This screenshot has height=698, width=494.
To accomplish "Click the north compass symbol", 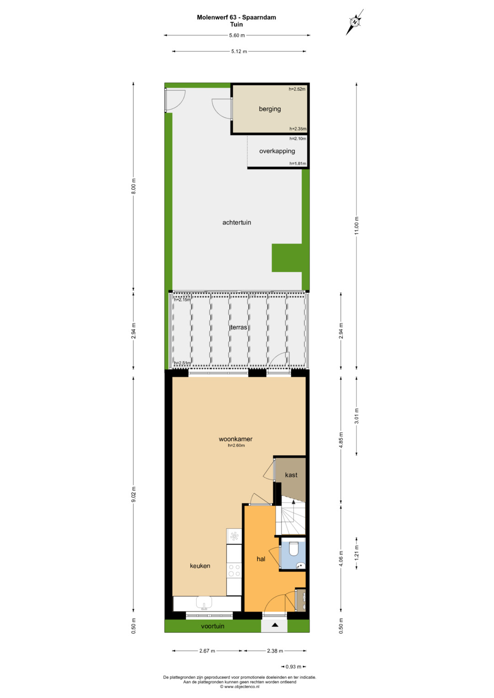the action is [354, 22].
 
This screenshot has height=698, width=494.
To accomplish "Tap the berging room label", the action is [270, 109].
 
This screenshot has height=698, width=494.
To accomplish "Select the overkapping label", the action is [277, 151].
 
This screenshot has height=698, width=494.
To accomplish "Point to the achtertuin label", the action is [236, 223].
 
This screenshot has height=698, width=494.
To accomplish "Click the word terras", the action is [239, 327].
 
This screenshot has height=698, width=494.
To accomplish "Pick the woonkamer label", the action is [236, 439].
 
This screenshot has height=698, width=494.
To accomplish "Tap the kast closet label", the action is [291, 475].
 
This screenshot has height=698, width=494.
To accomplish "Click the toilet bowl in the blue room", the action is [294, 549].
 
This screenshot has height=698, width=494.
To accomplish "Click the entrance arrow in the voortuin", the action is [274, 625].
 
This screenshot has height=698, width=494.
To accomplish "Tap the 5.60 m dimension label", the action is [237, 36].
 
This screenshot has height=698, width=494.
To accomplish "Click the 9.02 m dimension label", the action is [134, 494].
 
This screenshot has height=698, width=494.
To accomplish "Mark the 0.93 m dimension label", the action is [293, 666].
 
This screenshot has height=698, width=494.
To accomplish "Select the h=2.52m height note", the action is [297, 89].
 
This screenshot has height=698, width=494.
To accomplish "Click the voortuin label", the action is [212, 626].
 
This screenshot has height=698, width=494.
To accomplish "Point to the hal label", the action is [261, 559].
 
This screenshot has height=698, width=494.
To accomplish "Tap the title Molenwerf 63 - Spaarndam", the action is [236, 17].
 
